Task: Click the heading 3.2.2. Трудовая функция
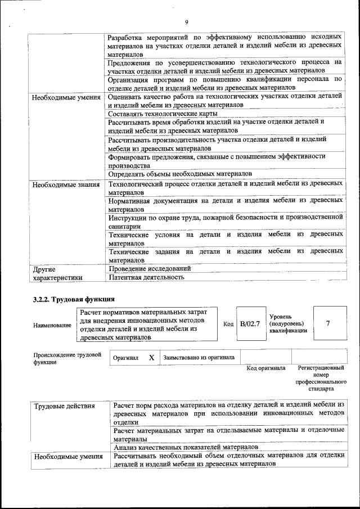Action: coord(74,299)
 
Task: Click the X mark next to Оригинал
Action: coord(151,357)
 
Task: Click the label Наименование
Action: coord(52,325)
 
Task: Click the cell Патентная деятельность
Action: coord(146,277)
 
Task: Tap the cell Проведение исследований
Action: coord(149,268)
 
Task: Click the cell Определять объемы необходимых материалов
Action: coord(180,174)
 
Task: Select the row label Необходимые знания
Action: coord(66,184)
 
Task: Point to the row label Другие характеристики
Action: coord(58,273)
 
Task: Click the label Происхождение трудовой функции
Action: coord(67,358)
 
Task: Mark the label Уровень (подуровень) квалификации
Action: coord(288,324)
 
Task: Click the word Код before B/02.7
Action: coord(228,325)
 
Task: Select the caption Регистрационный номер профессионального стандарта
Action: coord(321,378)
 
